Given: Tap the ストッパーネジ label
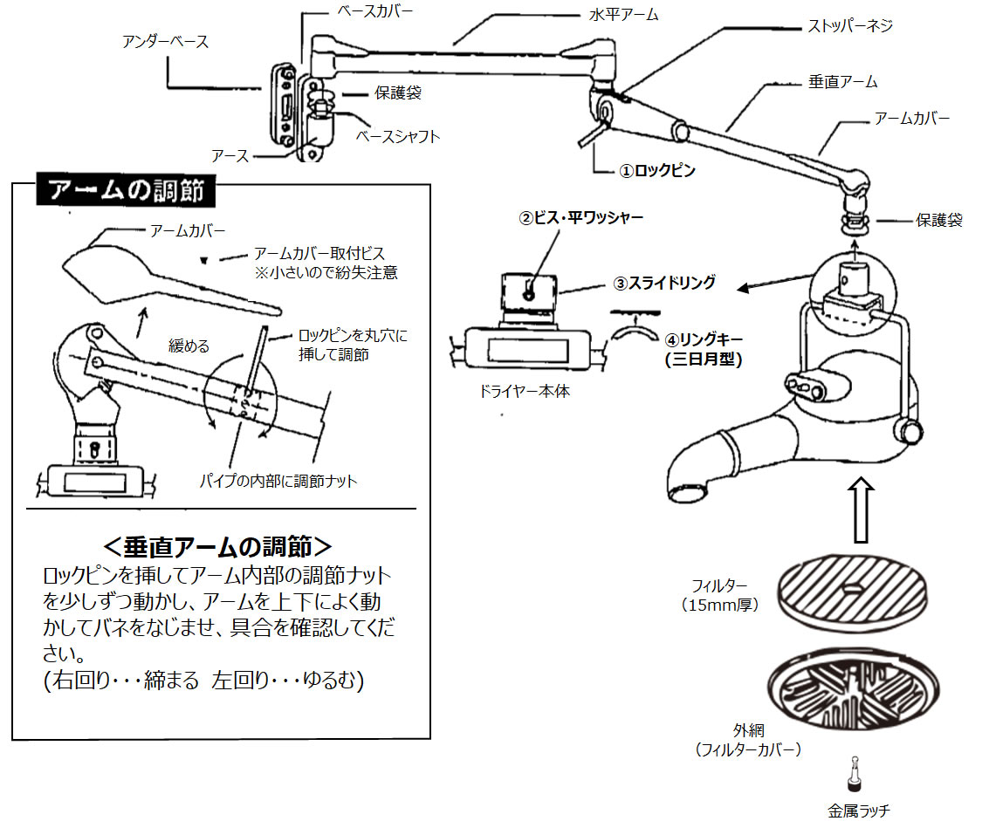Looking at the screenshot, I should coord(848,25).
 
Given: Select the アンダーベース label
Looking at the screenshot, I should coord(167,41).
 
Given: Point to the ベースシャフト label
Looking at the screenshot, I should coord(398,137).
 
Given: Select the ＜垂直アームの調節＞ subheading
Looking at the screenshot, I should coord(217,546).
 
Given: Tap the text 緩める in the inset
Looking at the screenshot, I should coord(189,346).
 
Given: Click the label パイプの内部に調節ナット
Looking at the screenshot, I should coord(278,481).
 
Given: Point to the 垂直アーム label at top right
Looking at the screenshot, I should coord(837,81).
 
